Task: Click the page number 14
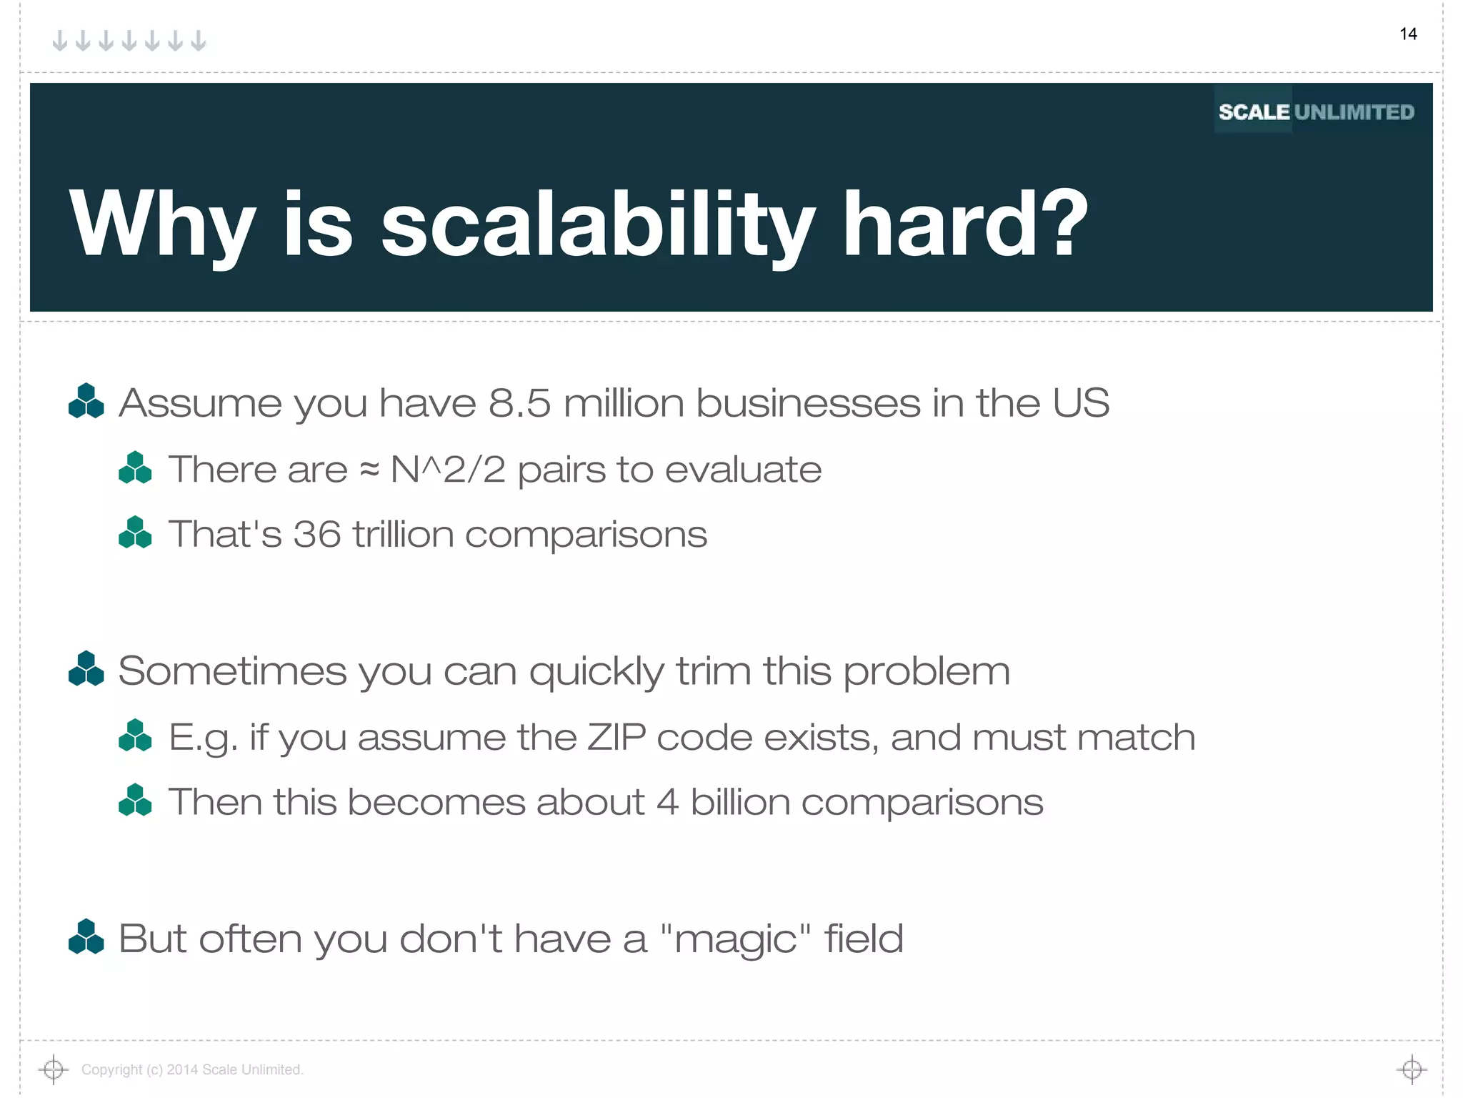point(1408,34)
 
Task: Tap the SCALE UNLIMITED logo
point(1316,112)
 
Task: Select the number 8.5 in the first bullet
point(519,402)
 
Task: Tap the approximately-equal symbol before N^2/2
point(369,470)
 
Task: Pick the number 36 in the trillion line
point(316,535)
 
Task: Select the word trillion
point(403,535)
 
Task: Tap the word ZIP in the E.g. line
point(616,737)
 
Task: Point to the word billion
point(739,802)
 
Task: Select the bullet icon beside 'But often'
point(86,937)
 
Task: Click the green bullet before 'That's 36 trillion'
point(135,533)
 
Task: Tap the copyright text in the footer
point(192,1069)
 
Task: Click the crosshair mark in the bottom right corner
point(1412,1069)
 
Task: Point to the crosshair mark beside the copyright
point(53,1069)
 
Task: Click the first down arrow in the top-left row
point(61,41)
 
